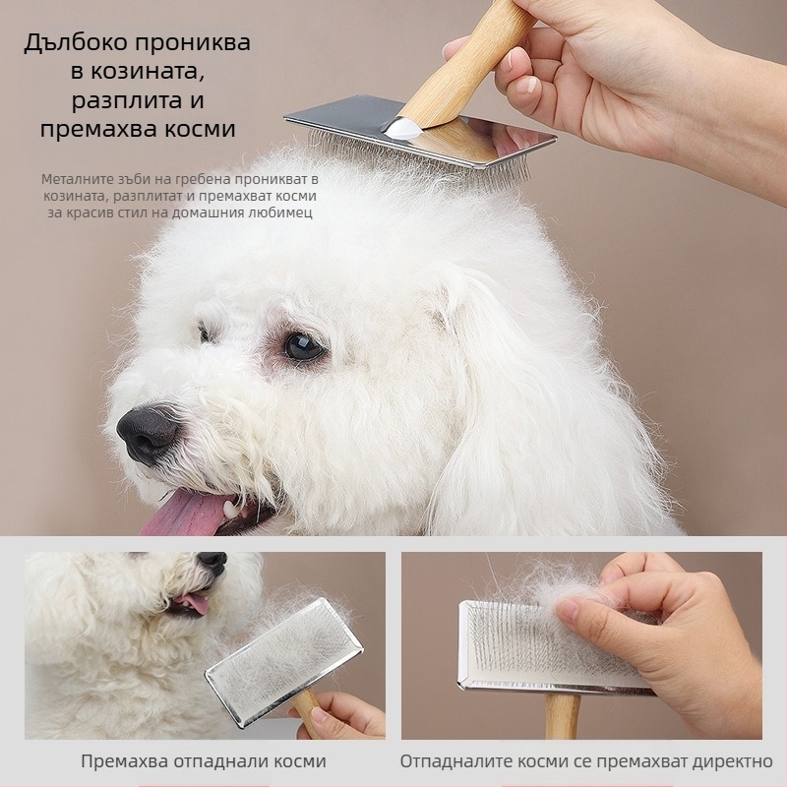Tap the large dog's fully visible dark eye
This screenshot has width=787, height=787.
pyautogui.click(x=303, y=346)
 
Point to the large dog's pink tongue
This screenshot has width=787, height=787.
pyautogui.click(x=185, y=513)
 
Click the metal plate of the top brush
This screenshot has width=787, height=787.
pyautogui.click(x=422, y=132)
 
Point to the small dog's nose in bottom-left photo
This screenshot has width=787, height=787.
pyautogui.click(x=212, y=559)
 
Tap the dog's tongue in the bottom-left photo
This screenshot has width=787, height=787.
pyautogui.click(x=193, y=603)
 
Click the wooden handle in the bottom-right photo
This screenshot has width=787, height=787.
pyautogui.click(x=561, y=715)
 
